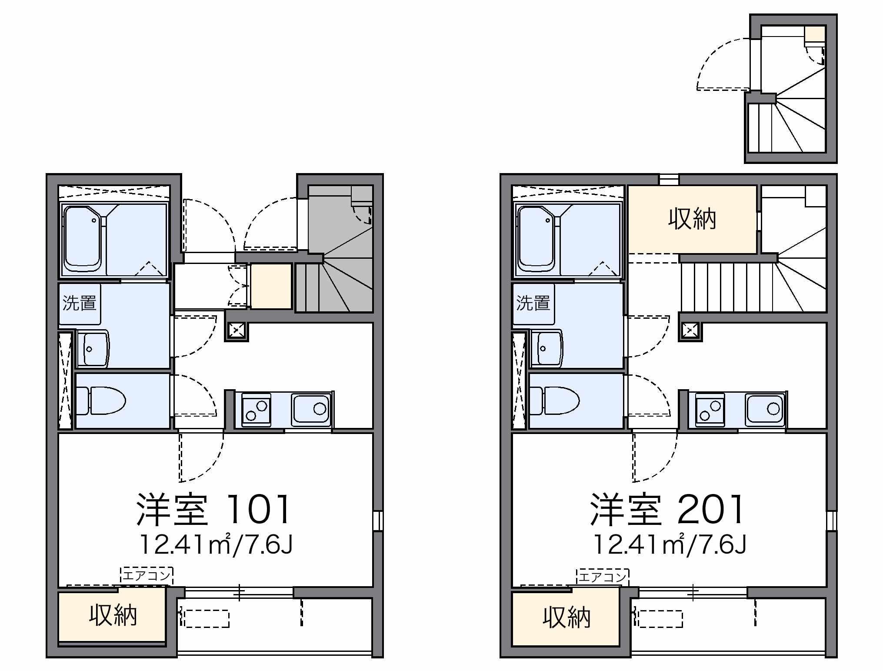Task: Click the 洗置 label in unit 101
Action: coord(80,303)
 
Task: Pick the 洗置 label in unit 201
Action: coord(533,303)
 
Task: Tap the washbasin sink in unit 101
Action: coord(93,349)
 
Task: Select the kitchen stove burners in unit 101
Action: coord(256,410)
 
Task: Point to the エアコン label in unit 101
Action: coord(147,576)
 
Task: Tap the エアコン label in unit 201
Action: coord(603,577)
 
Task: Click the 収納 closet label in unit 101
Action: coord(113,615)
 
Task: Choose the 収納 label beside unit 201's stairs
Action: coord(692,219)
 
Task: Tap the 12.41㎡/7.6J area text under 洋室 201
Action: coord(670,544)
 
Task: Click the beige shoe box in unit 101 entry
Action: coord(271,286)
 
